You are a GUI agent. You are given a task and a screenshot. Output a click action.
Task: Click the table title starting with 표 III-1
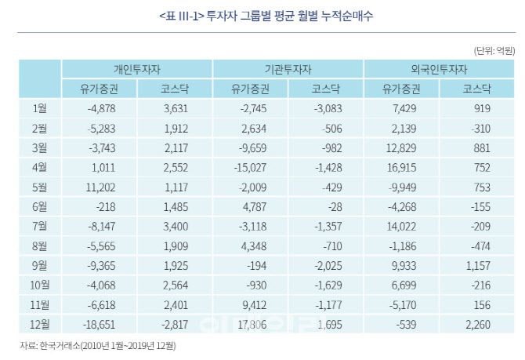point(262,16)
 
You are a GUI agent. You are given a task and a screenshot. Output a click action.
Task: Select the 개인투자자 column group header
point(136,68)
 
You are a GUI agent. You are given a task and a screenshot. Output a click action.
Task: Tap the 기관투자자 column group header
point(288,68)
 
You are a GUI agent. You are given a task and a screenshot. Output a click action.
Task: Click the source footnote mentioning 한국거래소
point(99,345)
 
